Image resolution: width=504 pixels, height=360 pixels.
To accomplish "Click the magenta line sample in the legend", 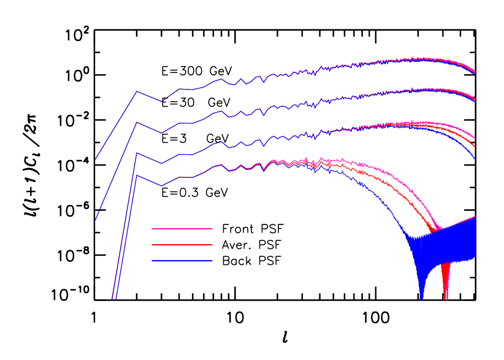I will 182,229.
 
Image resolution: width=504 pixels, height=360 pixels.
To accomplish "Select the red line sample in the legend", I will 182,245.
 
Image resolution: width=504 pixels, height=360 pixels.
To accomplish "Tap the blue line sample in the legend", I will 182,261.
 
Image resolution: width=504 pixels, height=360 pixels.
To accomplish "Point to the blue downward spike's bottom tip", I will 421,299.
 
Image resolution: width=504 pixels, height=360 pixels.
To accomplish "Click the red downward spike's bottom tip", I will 446,299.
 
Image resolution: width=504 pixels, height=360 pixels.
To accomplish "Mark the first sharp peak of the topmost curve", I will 137,91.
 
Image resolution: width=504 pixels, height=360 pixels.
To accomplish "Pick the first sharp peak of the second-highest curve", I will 137,122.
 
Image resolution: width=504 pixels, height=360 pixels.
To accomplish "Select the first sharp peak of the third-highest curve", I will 137,153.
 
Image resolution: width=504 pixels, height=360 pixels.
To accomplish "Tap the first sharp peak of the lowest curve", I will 137,175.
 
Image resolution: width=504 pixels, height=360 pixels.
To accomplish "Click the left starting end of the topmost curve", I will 95,160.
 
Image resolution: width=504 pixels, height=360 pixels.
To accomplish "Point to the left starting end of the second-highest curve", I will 95,221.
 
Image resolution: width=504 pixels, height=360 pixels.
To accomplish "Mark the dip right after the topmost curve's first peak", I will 162,101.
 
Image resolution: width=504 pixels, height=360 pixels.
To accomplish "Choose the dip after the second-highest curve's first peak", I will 162,132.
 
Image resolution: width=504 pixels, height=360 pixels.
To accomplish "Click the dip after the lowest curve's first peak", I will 162,185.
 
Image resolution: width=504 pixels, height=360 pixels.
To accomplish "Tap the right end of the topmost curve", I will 475,73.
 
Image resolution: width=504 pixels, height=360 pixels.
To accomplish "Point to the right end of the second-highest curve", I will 475,100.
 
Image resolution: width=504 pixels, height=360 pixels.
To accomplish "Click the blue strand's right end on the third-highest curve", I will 475,159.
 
